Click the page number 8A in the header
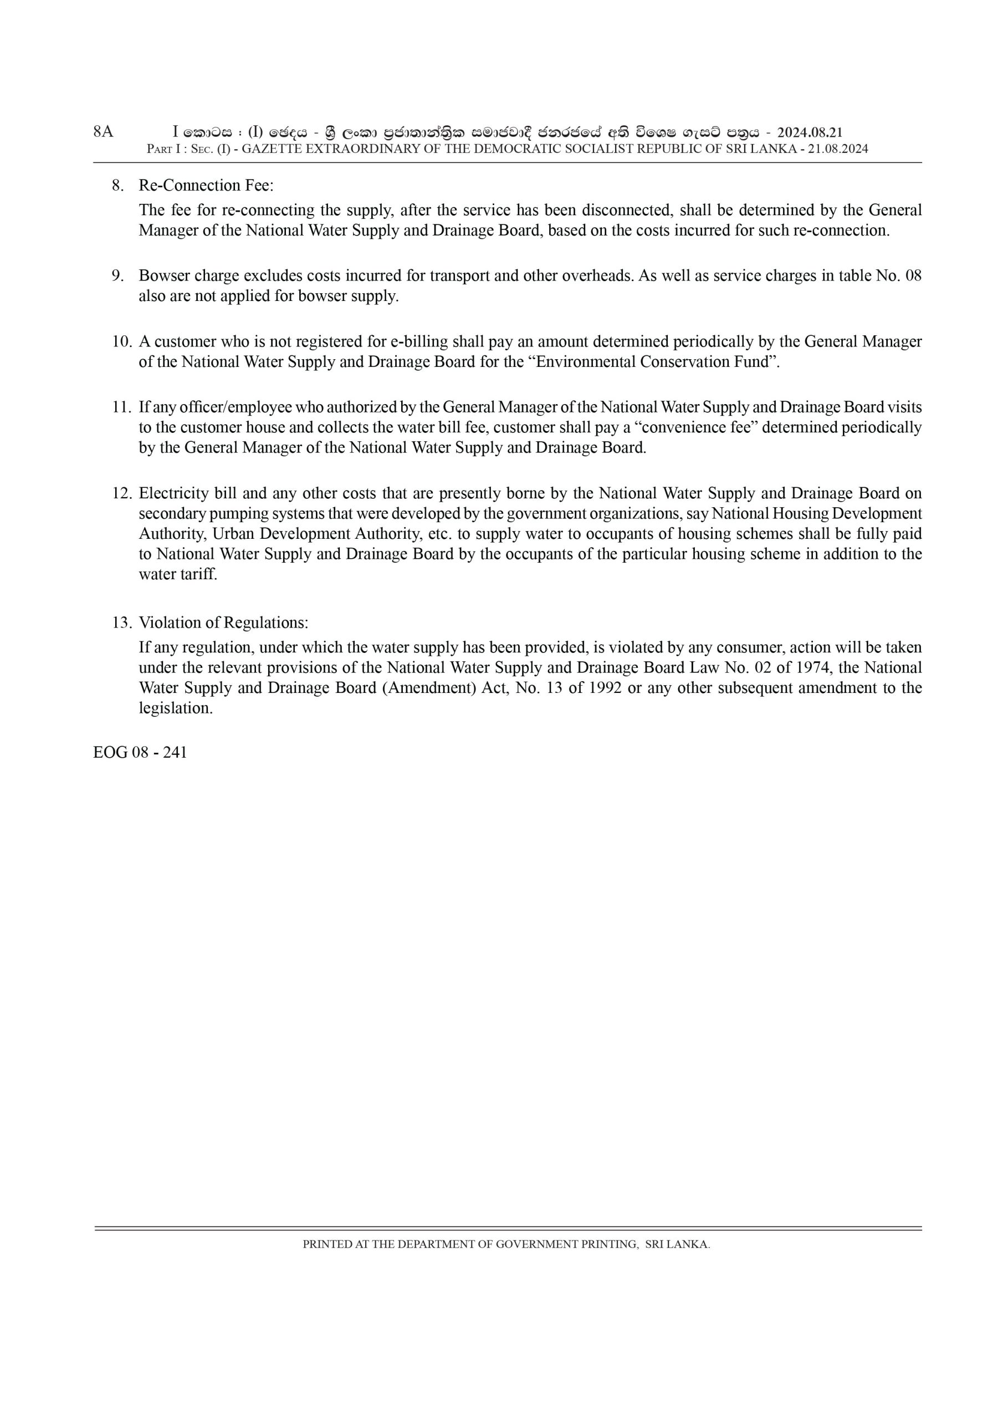coord(103,131)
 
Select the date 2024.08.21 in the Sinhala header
coord(810,132)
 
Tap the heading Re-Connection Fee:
coord(206,185)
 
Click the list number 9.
coord(118,275)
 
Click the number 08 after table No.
coord(913,275)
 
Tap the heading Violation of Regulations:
coord(223,622)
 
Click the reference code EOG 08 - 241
coord(140,753)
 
